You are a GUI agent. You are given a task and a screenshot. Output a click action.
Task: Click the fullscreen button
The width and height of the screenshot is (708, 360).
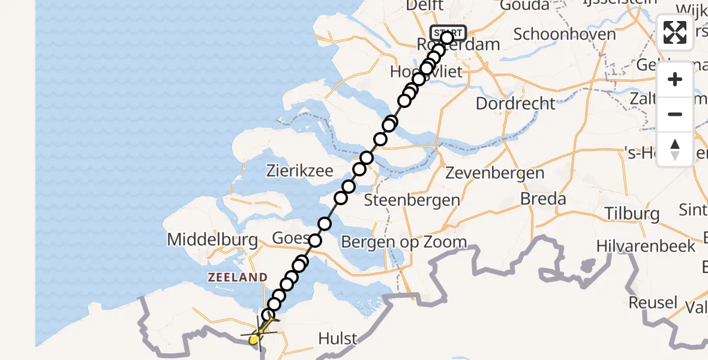tap(675, 32)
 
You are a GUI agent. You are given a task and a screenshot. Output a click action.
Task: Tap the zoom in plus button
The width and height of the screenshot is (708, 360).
tap(675, 79)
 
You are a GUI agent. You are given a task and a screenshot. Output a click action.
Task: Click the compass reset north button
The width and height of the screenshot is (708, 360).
tap(675, 149)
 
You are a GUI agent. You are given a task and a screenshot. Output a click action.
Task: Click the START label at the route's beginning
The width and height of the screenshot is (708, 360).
tap(448, 32)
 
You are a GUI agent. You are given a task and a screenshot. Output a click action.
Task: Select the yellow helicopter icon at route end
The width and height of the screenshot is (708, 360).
tap(256, 336)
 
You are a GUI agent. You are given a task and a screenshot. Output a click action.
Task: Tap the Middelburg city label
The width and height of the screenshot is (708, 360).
tap(212, 240)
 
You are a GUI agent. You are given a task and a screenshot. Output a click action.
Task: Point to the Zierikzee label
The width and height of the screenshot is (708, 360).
tap(299, 171)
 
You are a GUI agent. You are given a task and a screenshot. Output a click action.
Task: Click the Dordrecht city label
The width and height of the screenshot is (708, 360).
tap(515, 103)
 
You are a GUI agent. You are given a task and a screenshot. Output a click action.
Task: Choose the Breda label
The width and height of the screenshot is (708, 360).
tap(543, 199)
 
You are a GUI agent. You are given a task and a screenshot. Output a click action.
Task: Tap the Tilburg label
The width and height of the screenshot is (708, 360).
tap(632, 213)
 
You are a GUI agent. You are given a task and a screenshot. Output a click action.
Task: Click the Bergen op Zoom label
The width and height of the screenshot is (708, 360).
tap(404, 242)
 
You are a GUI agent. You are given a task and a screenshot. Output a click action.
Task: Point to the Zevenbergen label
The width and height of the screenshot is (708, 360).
tap(496, 173)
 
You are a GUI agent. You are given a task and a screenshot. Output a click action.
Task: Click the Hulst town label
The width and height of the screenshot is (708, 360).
tap(338, 338)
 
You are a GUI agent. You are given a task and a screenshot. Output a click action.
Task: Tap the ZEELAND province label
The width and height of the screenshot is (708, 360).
tap(238, 277)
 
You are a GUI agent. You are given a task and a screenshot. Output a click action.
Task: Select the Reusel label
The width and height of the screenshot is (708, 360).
tap(653, 302)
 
